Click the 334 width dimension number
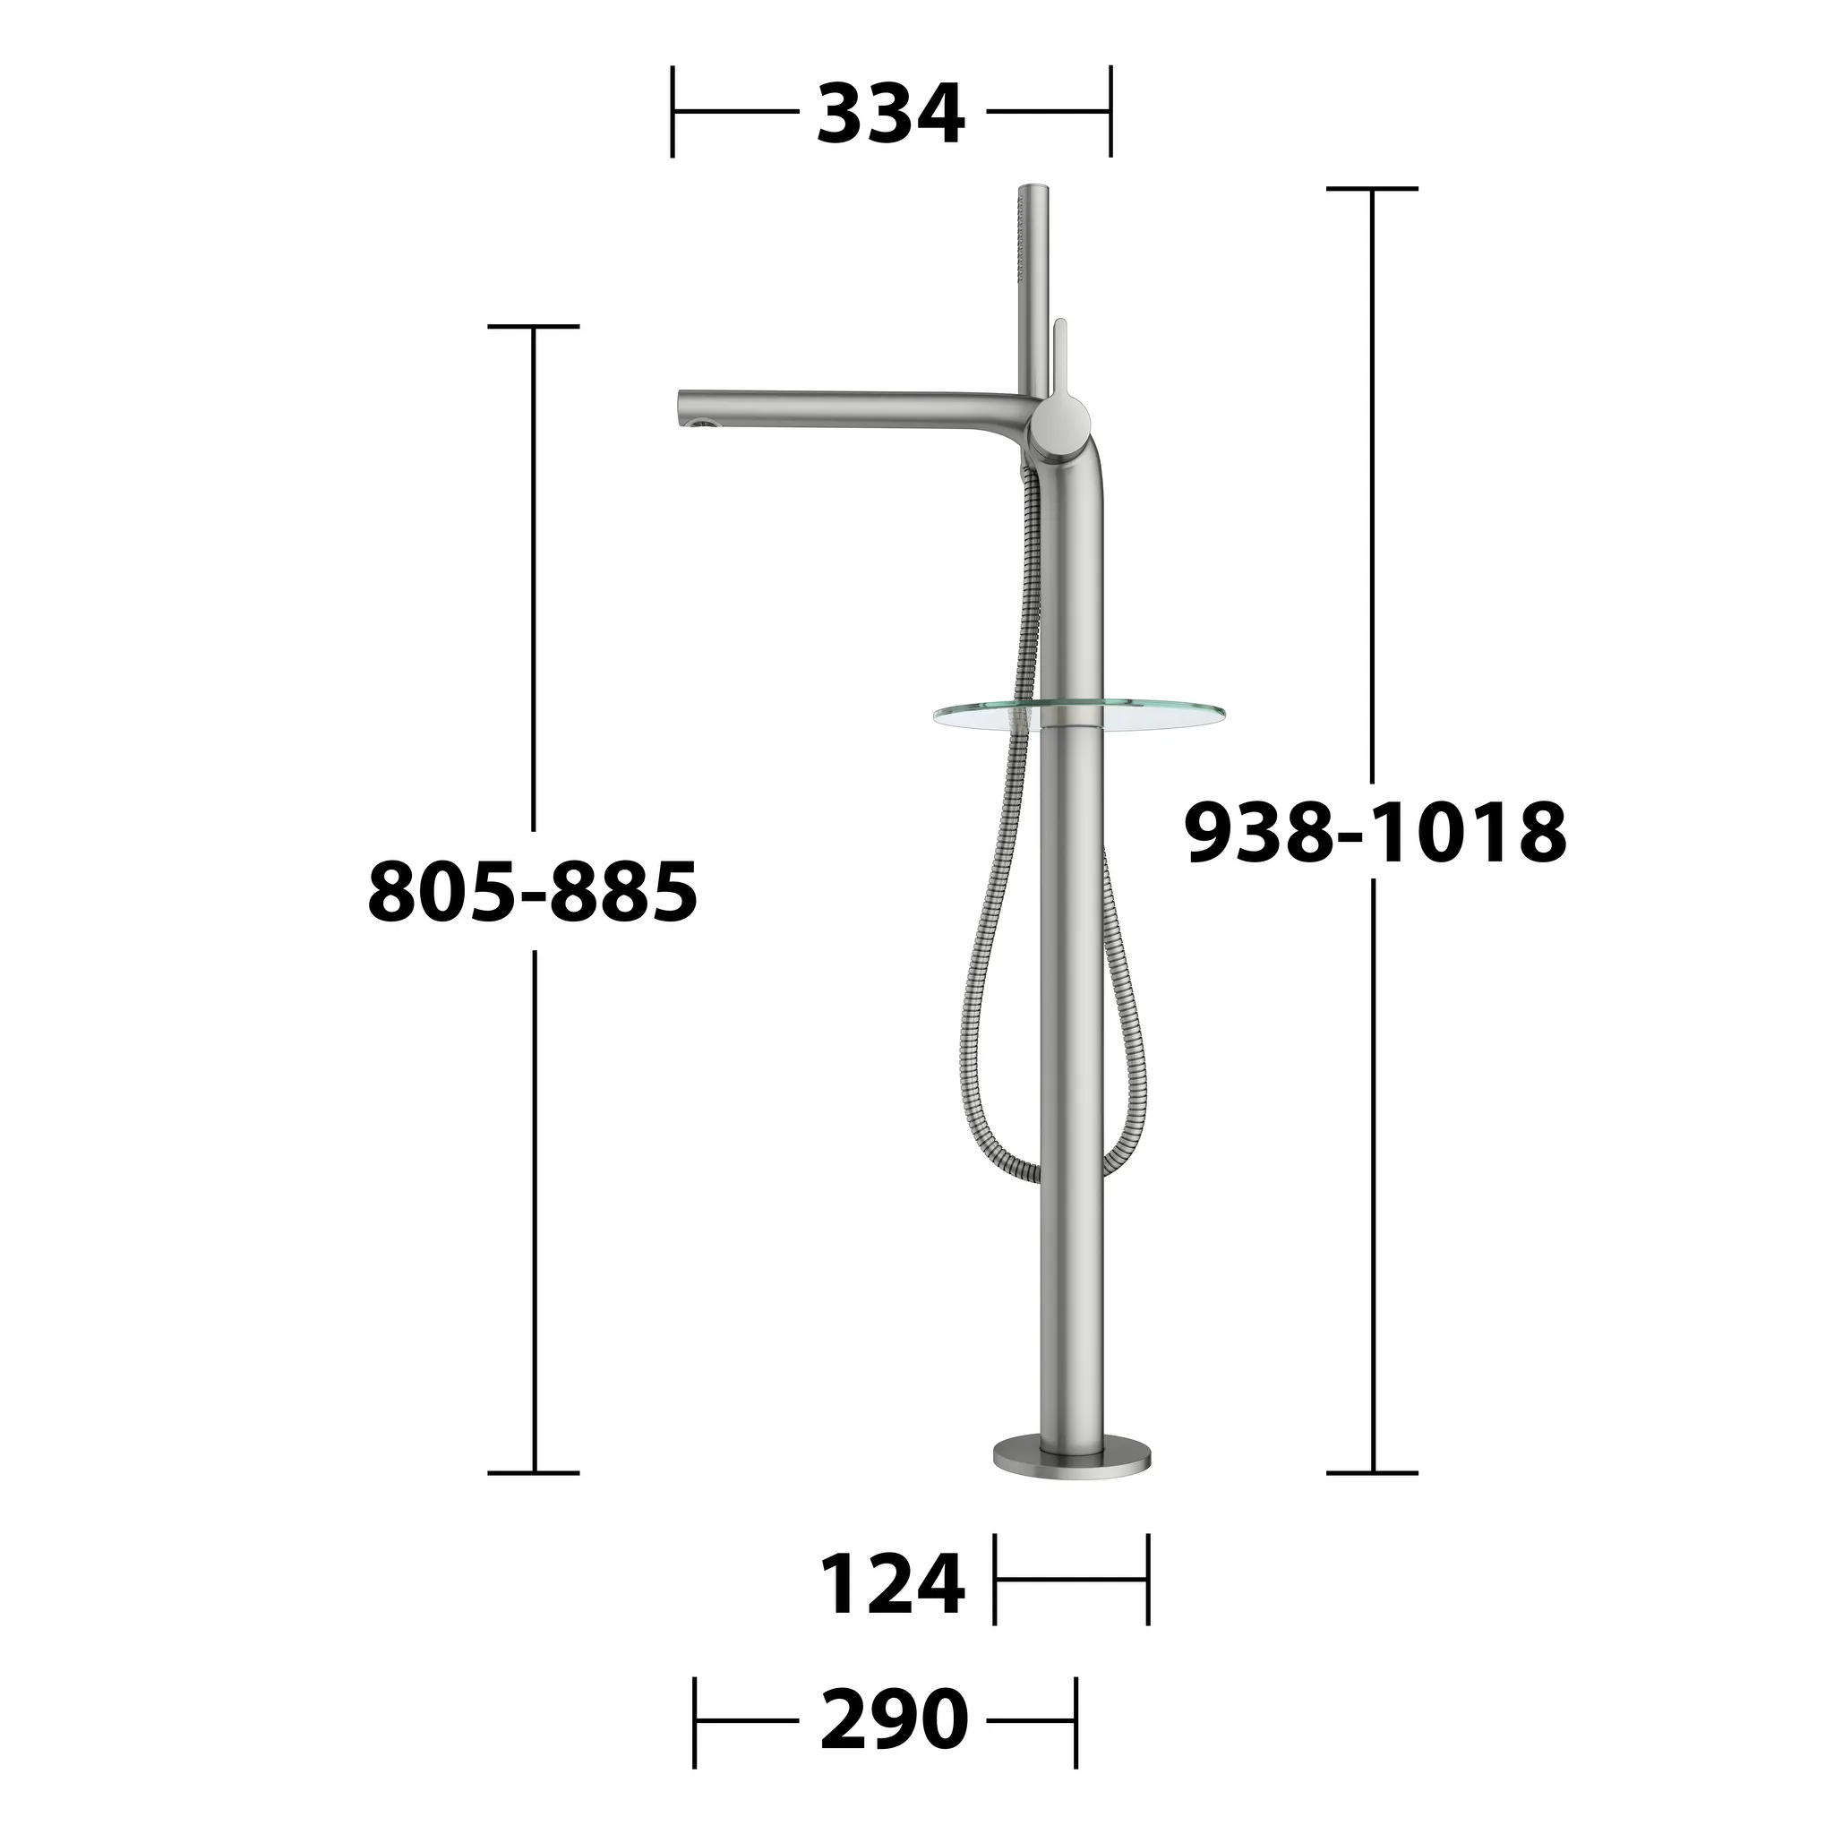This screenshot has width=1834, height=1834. click(889, 114)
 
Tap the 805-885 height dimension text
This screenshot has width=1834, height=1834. click(533, 891)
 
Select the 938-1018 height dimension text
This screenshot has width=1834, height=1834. click(1375, 833)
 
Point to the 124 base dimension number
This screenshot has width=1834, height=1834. click(891, 1584)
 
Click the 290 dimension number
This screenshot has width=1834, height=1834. click(893, 1719)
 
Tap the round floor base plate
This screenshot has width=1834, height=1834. click(1072, 1480)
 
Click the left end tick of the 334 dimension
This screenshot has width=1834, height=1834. click(673, 112)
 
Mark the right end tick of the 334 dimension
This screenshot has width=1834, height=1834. click(1110, 112)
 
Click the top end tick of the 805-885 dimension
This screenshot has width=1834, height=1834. click(534, 327)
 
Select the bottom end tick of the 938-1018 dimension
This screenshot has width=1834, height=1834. click(1372, 1472)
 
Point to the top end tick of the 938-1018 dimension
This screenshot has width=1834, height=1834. click(1372, 189)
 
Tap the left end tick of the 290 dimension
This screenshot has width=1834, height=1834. click(695, 1720)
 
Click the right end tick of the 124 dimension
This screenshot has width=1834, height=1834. click(1148, 1580)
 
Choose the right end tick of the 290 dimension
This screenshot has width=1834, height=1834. click(1076, 1720)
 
